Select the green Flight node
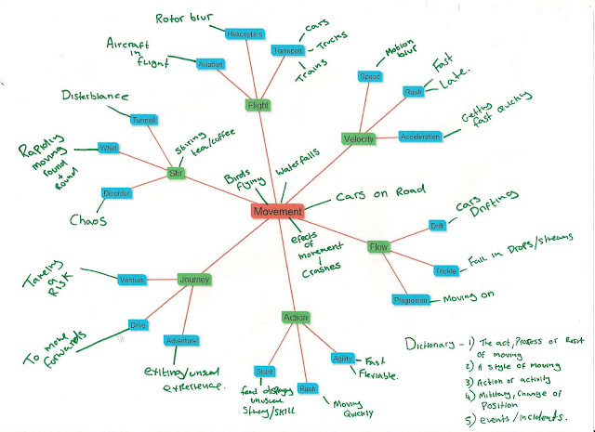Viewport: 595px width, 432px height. [x=258, y=105]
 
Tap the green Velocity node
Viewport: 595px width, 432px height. [x=358, y=138]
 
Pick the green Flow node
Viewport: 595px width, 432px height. [x=378, y=248]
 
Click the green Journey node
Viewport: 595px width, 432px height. [x=195, y=279]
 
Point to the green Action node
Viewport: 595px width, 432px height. [x=295, y=318]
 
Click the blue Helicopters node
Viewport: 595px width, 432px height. [x=246, y=34]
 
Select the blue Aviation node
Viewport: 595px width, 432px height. [x=210, y=65]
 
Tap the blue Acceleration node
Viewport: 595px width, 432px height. [x=419, y=137]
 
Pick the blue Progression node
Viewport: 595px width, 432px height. [x=410, y=301]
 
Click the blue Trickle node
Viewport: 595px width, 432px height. [x=443, y=271]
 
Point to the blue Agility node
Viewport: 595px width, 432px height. [x=341, y=358]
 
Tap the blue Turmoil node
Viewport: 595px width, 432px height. [x=144, y=120]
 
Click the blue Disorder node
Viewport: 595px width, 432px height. [x=117, y=193]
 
